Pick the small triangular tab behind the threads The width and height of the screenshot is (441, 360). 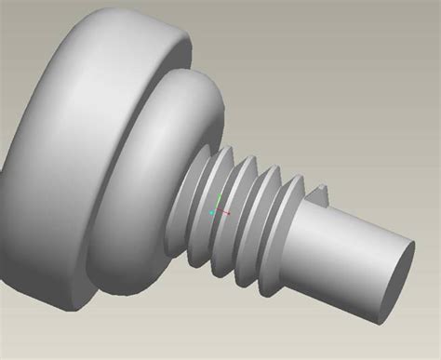click(x=323, y=193)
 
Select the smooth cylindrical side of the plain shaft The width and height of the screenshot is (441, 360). click(x=344, y=256)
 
